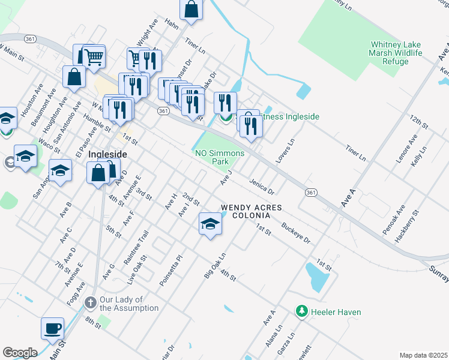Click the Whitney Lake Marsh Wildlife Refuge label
(x=397, y=53)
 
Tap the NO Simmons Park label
(x=220, y=157)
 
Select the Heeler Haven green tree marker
(x=303, y=311)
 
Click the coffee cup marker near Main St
(x=52, y=329)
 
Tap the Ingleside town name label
(x=107, y=154)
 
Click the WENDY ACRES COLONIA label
(x=251, y=211)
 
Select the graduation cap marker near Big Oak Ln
(x=209, y=224)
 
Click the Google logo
(x=20, y=352)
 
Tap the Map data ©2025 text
(x=423, y=355)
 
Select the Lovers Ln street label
(x=286, y=152)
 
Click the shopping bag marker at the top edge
(x=191, y=10)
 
